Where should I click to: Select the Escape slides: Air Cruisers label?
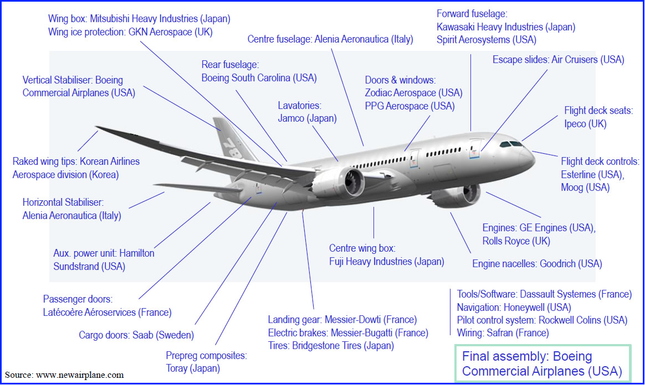558,60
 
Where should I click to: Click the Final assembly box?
542,363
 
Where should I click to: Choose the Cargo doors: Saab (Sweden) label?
136,335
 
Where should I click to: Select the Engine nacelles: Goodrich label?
537,263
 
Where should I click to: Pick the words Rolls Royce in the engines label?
508,241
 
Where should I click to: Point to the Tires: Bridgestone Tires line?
331,346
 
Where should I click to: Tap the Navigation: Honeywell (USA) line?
514,308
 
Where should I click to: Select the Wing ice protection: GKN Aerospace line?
130,32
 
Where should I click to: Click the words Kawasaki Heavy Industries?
489,27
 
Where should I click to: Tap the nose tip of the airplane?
534,160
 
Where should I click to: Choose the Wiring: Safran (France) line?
503,333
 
